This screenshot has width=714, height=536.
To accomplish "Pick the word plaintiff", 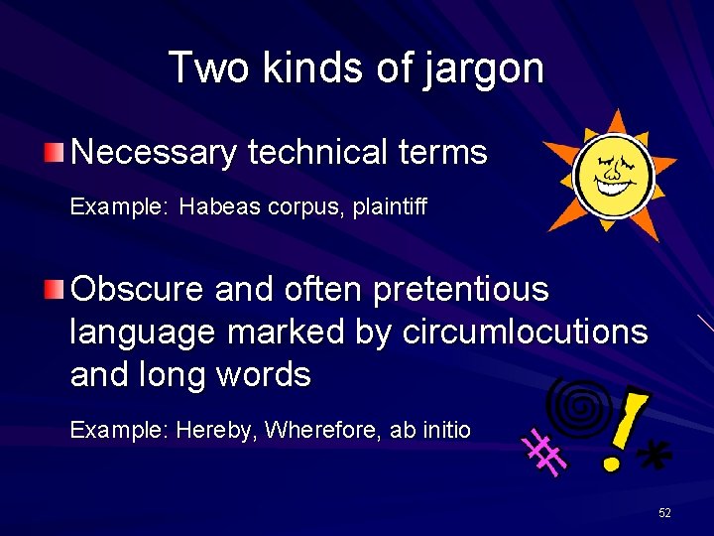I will pyautogui.click(x=392, y=208).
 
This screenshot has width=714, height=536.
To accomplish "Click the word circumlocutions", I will pyautogui.click(x=525, y=333).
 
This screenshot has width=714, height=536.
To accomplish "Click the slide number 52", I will pyautogui.click(x=664, y=512).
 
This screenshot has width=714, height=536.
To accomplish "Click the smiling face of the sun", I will pyautogui.click(x=614, y=175).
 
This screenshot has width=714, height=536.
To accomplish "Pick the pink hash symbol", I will pyautogui.click(x=546, y=454).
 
